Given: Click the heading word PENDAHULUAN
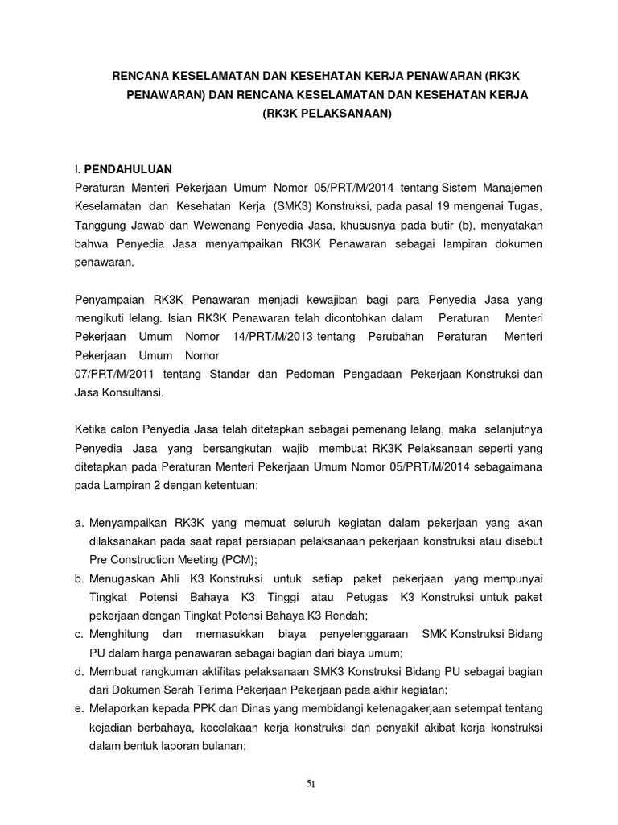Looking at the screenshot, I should [x=128, y=169].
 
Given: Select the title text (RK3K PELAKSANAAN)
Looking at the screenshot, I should [x=326, y=115].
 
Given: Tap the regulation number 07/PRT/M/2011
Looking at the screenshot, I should [x=113, y=374].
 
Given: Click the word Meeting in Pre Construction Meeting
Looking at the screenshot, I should [x=202, y=559].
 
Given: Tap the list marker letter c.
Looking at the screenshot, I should [x=78, y=634].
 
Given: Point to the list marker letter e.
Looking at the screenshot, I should [x=78, y=709].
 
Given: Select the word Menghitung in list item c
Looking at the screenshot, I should [x=120, y=634].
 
